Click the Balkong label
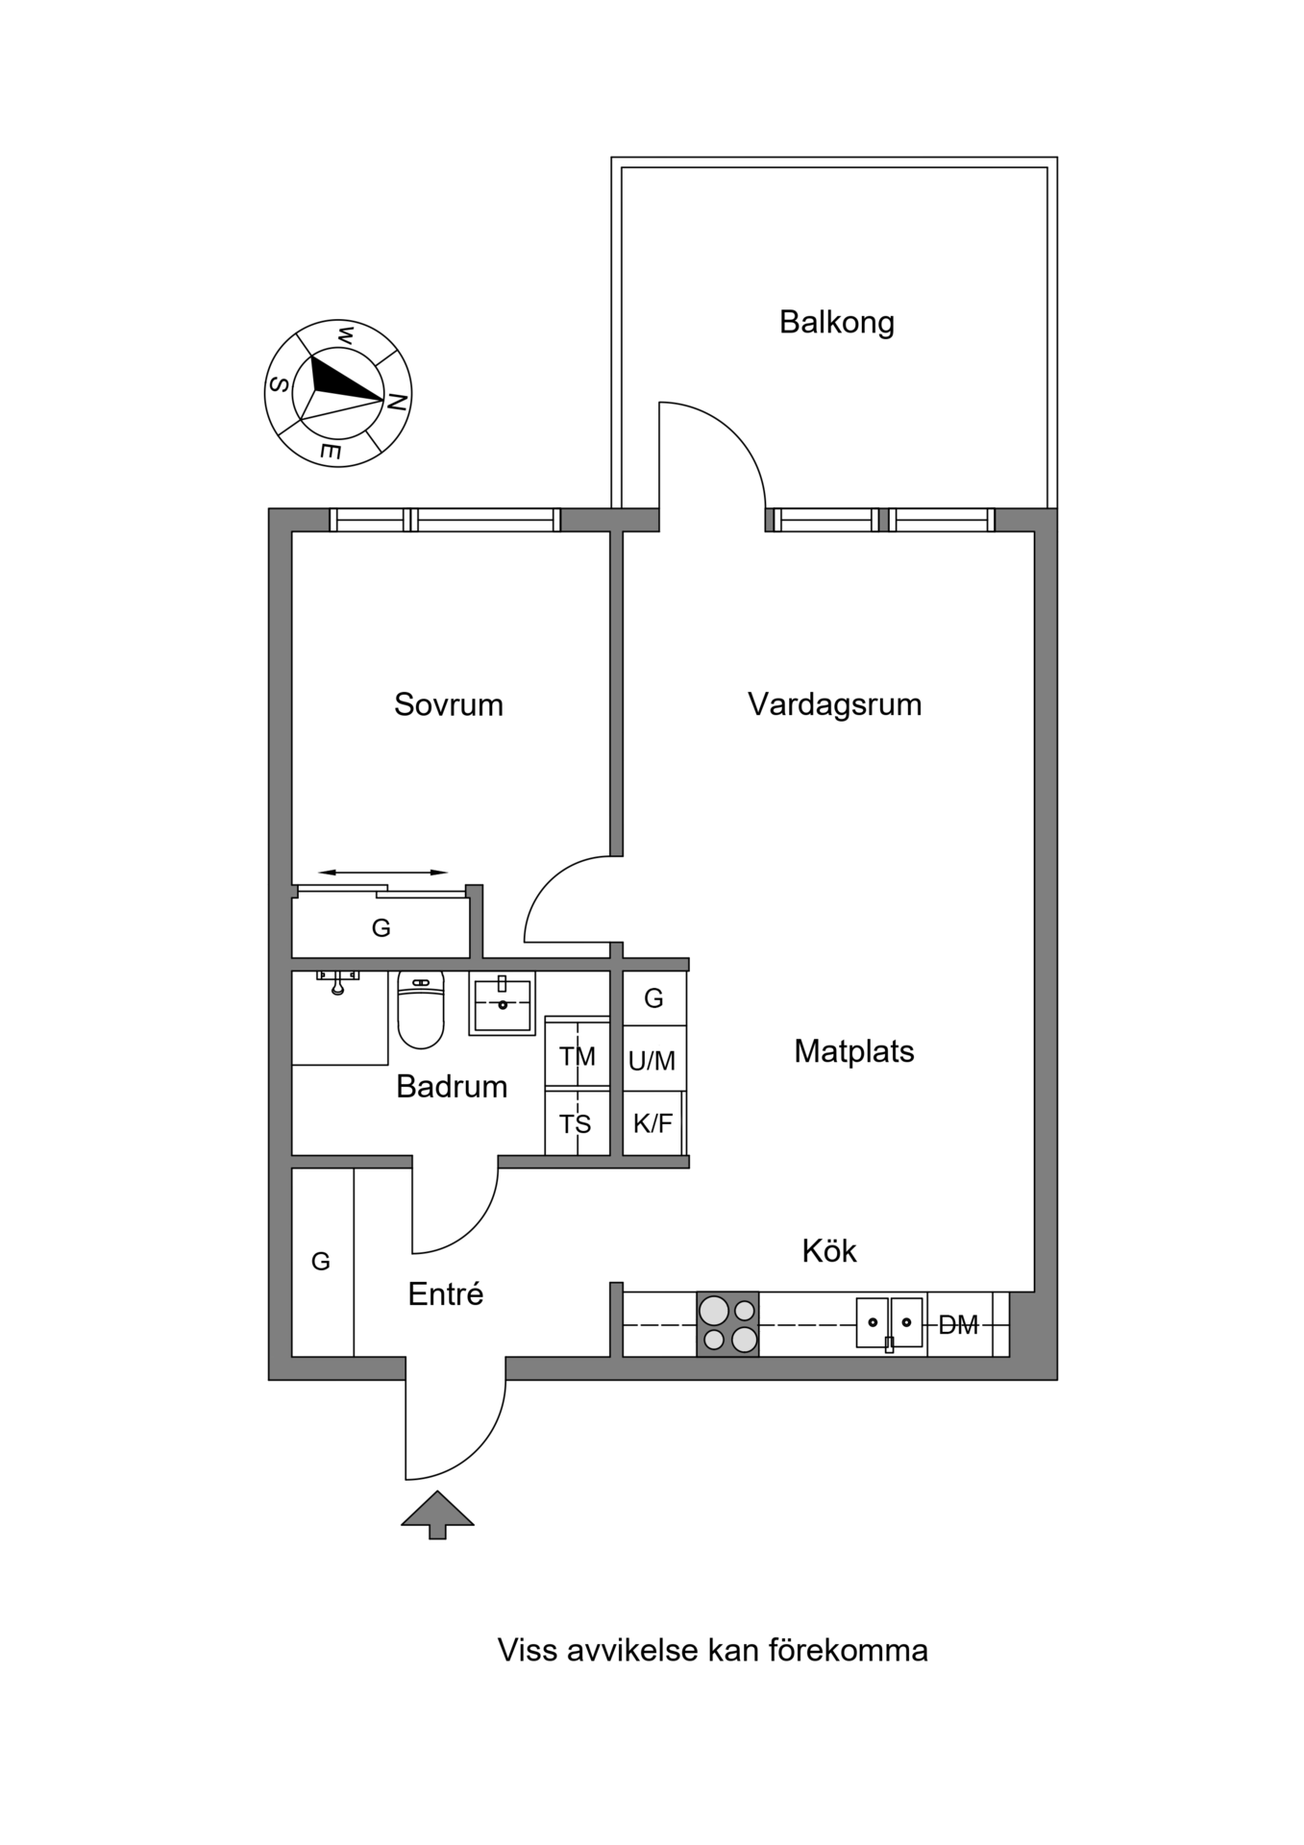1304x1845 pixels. point(836,322)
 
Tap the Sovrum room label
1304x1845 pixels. point(449,704)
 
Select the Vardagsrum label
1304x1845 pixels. point(834,704)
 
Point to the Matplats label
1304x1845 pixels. point(853,1051)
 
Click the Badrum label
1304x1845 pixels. point(452,1086)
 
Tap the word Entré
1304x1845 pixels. point(445,1293)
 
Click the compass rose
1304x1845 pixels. point(338,393)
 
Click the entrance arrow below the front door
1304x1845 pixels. point(437,1514)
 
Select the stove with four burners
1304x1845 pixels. point(727,1324)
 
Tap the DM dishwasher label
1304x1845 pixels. point(958,1325)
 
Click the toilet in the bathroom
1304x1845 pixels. point(421,1009)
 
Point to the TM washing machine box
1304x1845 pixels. point(577,1053)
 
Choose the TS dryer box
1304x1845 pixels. point(577,1122)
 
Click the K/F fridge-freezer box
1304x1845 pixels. point(653,1122)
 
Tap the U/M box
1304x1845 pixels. point(653,1059)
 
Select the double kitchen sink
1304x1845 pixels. point(889,1323)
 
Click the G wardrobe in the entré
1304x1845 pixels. point(322,1262)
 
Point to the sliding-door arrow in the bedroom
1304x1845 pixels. point(382,873)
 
